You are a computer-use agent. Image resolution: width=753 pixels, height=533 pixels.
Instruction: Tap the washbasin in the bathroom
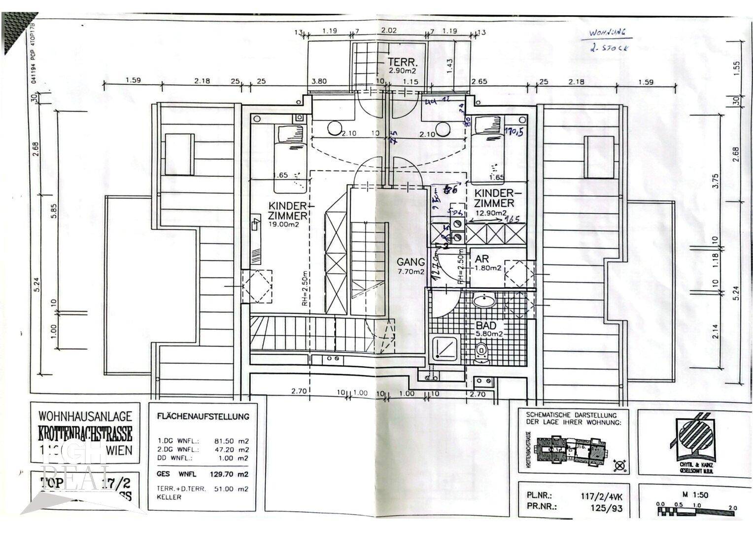point(484,300)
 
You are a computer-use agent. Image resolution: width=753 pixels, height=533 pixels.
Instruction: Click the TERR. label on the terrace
point(402,63)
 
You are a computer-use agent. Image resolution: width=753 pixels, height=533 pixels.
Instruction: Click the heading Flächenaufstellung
point(203,416)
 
